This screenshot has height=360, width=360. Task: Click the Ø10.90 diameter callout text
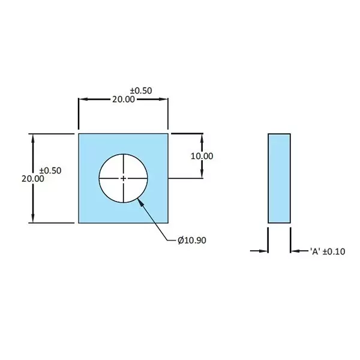[x=192, y=241]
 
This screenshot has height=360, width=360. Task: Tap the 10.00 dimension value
[x=202, y=156]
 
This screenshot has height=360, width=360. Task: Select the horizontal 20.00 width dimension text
[x=124, y=100]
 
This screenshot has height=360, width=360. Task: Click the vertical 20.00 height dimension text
[x=32, y=179]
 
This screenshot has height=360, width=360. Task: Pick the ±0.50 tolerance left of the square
[x=50, y=170]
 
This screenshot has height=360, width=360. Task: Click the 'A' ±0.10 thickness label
[x=328, y=251]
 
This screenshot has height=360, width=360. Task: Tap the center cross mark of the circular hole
[x=124, y=178]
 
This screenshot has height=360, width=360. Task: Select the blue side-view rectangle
[x=279, y=178]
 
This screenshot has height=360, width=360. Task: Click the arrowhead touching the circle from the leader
[x=141, y=202]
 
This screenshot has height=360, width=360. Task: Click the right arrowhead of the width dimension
[x=164, y=100]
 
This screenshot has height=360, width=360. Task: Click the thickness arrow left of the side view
[x=264, y=251]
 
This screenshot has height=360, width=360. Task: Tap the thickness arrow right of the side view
[x=295, y=251]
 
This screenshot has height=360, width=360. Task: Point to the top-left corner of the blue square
[x=79, y=134]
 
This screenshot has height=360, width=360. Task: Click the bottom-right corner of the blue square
[x=167, y=223]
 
